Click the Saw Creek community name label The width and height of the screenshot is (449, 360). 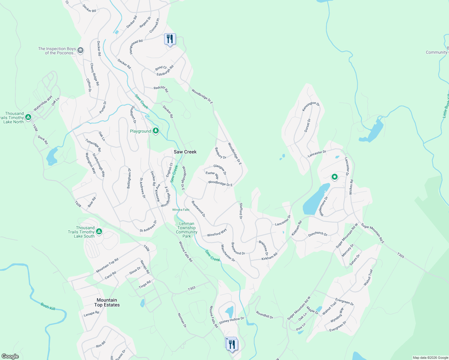click(x=185, y=152)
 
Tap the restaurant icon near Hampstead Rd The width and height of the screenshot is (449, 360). click(x=170, y=39)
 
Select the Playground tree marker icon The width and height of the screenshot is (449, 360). click(x=155, y=131)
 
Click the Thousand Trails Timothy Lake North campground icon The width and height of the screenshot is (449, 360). click(x=28, y=117)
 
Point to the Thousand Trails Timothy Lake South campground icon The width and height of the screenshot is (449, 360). click(x=99, y=232)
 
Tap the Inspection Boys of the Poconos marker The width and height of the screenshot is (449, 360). click(x=80, y=50)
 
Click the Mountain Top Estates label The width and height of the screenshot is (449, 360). click(x=107, y=302)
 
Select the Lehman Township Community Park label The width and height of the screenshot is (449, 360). click(x=187, y=230)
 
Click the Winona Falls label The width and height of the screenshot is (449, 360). click(x=181, y=210)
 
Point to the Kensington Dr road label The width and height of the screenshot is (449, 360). click(x=311, y=106)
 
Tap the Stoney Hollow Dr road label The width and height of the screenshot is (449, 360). click(x=231, y=320)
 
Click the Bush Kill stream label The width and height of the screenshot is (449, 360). click(x=48, y=306)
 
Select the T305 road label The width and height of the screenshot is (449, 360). click(x=401, y=255)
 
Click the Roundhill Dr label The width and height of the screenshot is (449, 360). click(x=265, y=315)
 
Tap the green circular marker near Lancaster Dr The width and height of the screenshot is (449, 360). click(x=334, y=177)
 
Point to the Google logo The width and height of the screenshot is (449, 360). click(x=10, y=356)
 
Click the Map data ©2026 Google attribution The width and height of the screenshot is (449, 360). click(x=430, y=358)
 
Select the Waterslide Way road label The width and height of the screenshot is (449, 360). click(x=43, y=103)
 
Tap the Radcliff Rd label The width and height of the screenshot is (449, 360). click(x=161, y=89)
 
